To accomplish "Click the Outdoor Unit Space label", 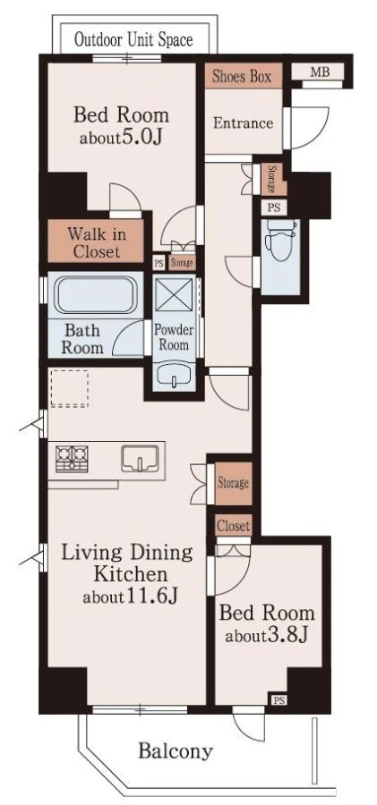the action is coord(133,39).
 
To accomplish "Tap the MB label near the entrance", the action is coord(320,72).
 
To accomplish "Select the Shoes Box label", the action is coord(241,77).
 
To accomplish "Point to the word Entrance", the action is coord(244,123).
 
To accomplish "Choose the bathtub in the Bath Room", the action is coord(96,294).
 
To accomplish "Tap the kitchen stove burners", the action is coord(72,459).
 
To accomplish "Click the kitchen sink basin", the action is coord(140,458).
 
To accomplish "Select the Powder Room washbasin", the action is coord(174,377).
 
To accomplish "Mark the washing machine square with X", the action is coord(174,294).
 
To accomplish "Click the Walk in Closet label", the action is coord(97,243).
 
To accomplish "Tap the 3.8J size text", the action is coord(287,636).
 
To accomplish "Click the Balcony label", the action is coord(176,751).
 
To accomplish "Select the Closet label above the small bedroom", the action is coord(234,526).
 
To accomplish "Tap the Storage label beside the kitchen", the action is coord(234,483).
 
